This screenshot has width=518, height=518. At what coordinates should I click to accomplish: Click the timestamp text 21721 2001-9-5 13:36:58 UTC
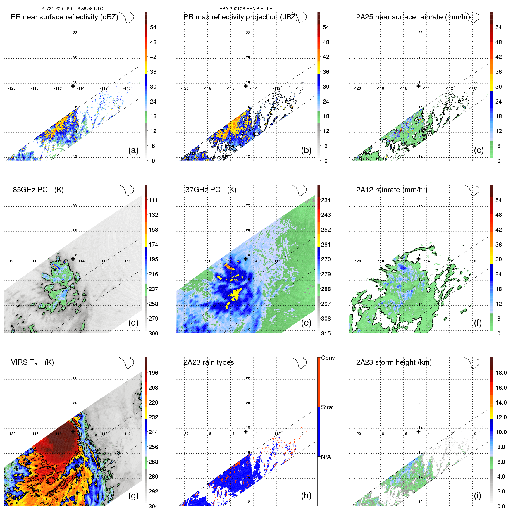click(x=72, y=9)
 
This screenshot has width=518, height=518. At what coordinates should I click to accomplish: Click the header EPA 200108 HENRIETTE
click(x=246, y=9)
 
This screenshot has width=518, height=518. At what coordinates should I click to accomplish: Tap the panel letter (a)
click(x=133, y=150)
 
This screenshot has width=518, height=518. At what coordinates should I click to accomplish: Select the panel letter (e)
click(x=306, y=323)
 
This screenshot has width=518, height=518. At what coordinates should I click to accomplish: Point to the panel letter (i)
click(x=477, y=495)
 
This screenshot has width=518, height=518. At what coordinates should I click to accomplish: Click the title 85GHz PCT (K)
click(x=38, y=190)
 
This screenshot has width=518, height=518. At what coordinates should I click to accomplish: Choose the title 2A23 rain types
click(x=209, y=362)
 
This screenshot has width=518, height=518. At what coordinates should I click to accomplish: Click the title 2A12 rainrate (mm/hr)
click(x=392, y=190)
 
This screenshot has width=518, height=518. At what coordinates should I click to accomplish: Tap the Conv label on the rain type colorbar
click(x=328, y=358)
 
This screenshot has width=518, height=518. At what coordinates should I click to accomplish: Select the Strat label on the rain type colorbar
click(x=327, y=407)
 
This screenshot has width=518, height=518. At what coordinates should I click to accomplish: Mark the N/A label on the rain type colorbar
click(x=326, y=457)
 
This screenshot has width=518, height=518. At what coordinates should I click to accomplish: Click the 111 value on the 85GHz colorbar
click(x=153, y=200)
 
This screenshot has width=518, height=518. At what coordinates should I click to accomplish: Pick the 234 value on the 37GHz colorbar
click(x=326, y=200)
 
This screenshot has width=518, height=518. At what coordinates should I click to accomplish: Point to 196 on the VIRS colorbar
click(x=153, y=373)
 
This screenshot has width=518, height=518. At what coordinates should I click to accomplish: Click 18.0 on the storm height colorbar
click(x=501, y=373)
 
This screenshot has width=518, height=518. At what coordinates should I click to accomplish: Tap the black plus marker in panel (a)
click(x=73, y=86)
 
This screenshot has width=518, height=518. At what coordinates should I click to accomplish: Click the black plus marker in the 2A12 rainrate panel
click(x=418, y=259)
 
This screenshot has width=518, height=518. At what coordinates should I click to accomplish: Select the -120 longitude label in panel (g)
click(x=12, y=433)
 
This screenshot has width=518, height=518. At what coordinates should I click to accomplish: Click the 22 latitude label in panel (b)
click(x=248, y=33)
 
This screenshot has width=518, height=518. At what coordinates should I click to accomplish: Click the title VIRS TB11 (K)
click(x=32, y=363)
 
